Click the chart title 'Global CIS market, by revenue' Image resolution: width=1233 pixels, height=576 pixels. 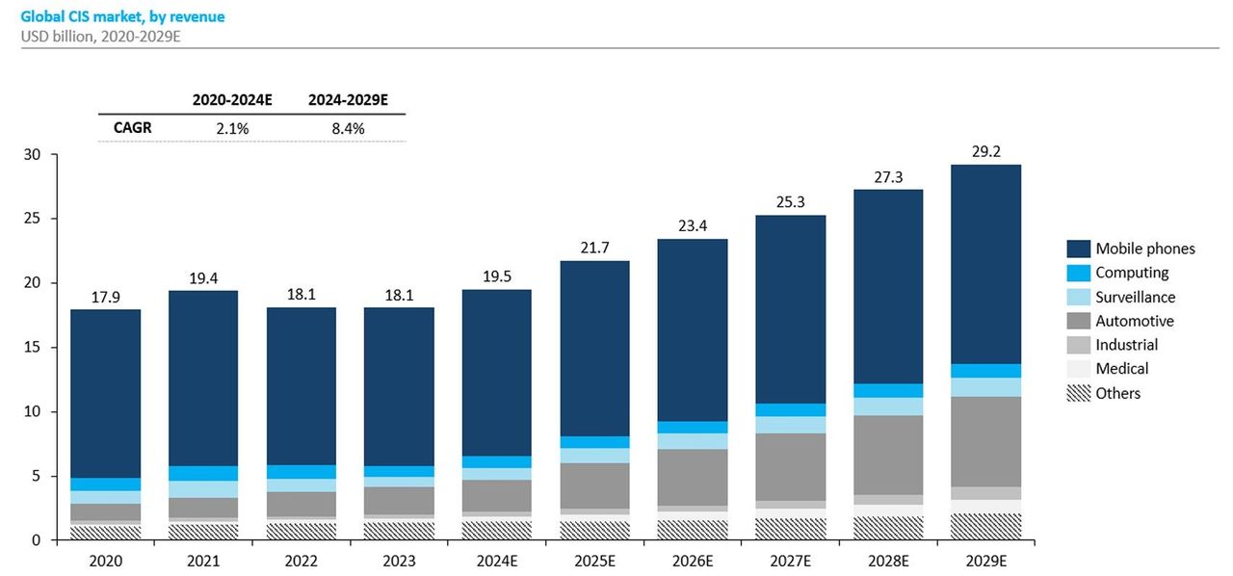(x=122, y=16)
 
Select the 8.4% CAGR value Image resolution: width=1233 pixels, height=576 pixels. (x=348, y=128)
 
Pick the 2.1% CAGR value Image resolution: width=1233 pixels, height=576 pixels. (x=232, y=128)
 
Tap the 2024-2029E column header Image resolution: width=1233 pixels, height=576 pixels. (x=348, y=99)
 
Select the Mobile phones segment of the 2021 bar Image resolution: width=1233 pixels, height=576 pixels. (x=203, y=378)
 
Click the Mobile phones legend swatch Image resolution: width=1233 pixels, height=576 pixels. (x=1078, y=249)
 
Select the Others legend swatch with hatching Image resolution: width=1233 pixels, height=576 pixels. (x=1078, y=393)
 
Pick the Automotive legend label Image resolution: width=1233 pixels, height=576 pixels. (x=1135, y=321)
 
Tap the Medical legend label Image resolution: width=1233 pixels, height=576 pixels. (x=1122, y=368)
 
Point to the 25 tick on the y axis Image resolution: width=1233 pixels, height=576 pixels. (x=32, y=219)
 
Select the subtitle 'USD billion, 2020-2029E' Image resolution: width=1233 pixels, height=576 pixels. (x=94, y=36)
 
